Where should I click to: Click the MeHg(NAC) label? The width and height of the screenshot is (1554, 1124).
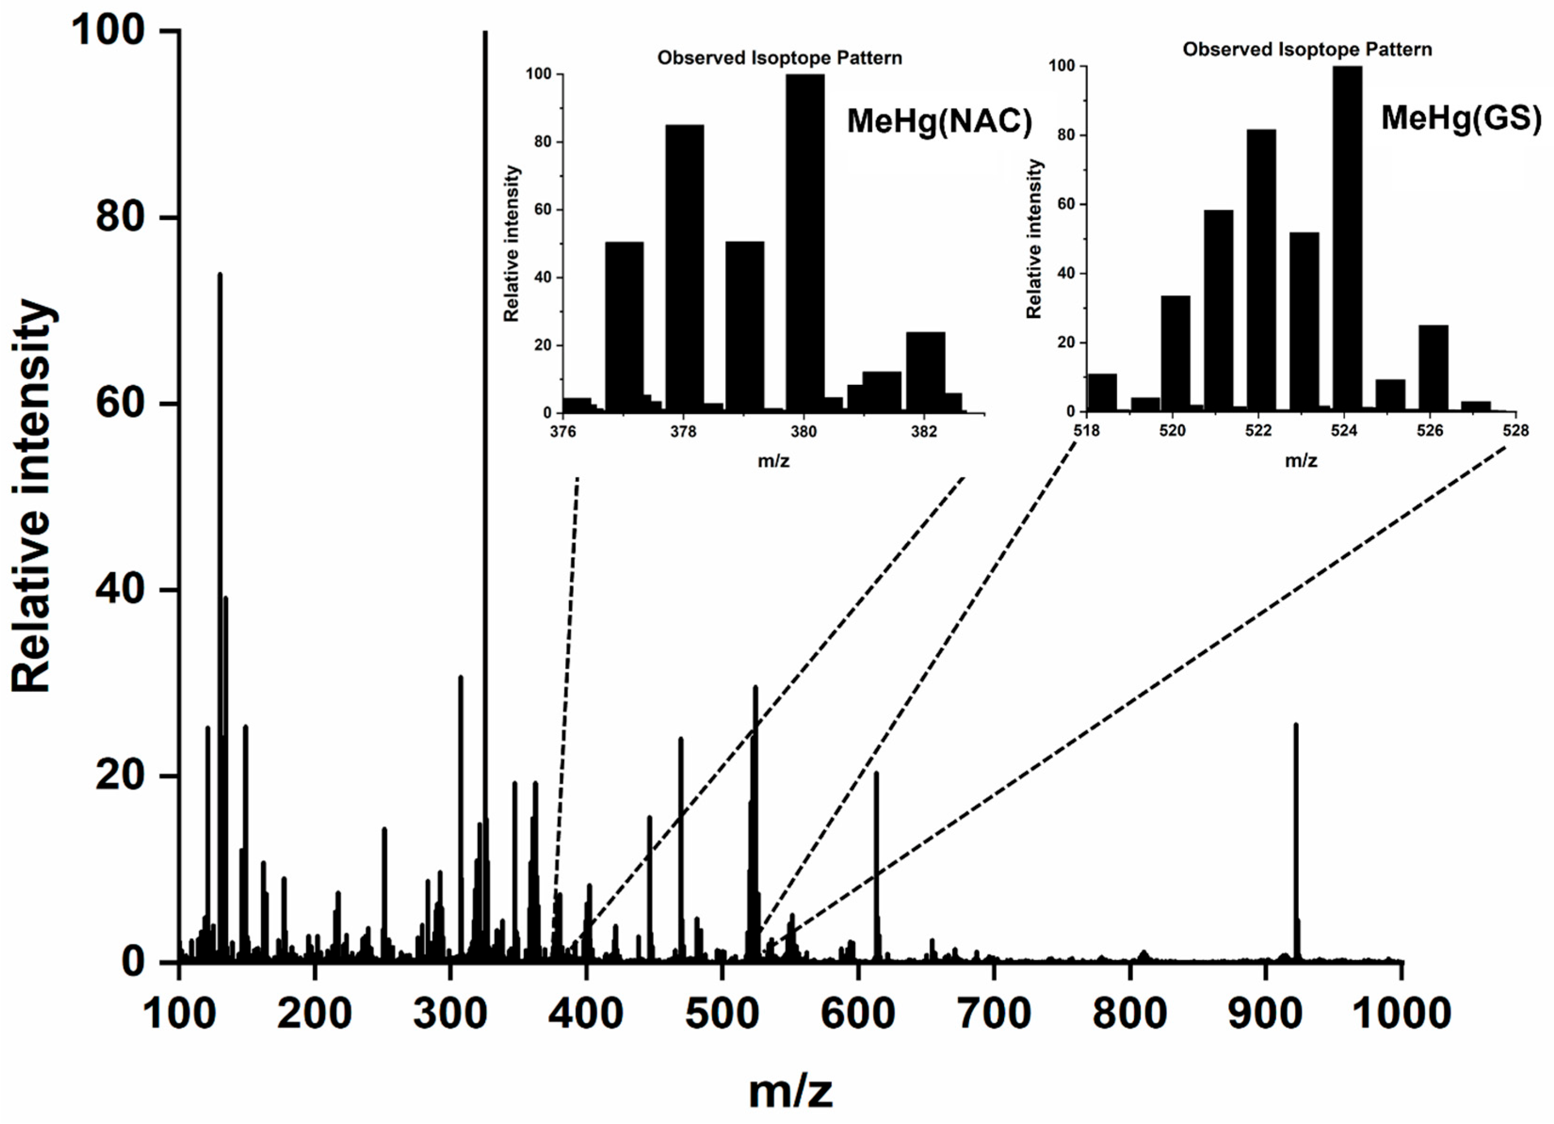pyautogui.click(x=939, y=122)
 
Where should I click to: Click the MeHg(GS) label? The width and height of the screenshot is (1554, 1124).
pyautogui.click(x=1460, y=118)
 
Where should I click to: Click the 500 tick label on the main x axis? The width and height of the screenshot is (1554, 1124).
pyautogui.click(x=722, y=1014)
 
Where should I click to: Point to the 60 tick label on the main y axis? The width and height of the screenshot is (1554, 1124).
pyautogui.click(x=120, y=403)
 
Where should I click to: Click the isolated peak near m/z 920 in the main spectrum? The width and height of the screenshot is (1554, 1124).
pyautogui.click(x=1296, y=843)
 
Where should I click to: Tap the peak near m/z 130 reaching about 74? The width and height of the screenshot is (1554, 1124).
pyautogui.click(x=220, y=616)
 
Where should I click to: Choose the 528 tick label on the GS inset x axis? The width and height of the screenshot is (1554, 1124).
pyautogui.click(x=1515, y=430)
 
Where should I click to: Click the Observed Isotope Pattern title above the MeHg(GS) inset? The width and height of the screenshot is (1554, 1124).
pyautogui.click(x=1307, y=49)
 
